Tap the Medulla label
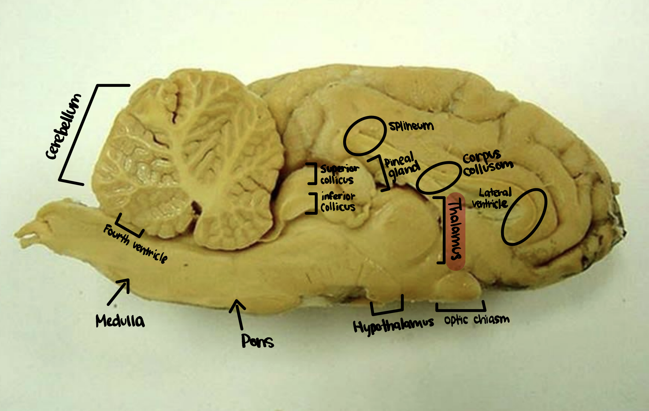tap(120, 321)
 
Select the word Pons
tap(257, 341)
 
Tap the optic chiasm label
tap(476, 320)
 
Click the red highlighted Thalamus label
tap(456, 231)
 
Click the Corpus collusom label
tap(487, 164)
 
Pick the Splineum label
tap(411, 126)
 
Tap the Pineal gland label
tap(402, 166)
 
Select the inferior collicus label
tap(338, 202)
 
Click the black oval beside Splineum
tap(365, 136)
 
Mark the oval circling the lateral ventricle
tap(524, 217)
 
